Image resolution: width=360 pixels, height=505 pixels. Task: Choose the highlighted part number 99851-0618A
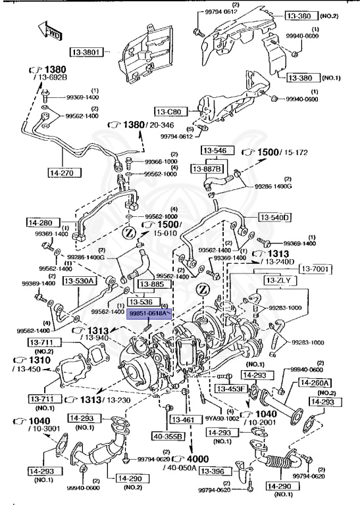150,315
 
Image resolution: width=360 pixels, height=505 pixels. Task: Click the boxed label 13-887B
206,169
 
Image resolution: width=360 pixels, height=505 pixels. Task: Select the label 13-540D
274,217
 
